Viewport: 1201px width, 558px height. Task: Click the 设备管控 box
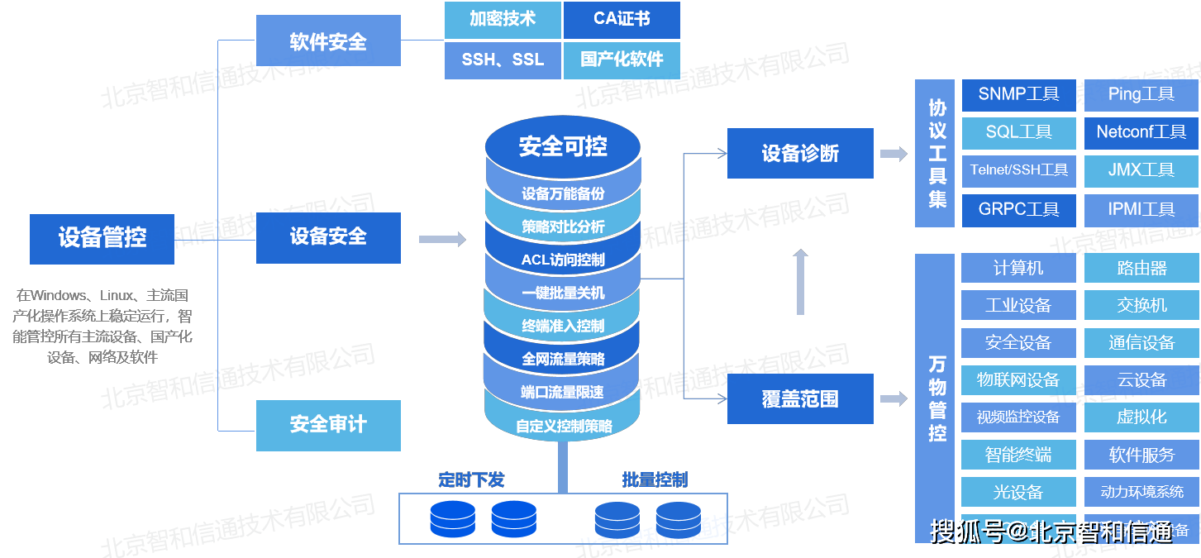pos(102,239)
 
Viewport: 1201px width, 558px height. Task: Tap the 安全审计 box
pos(328,425)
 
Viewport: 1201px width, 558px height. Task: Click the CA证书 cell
pos(622,20)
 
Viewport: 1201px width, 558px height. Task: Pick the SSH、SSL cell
pos(503,60)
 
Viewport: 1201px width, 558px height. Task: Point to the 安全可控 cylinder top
pos(563,147)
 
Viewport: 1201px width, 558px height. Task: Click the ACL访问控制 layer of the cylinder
pos(563,260)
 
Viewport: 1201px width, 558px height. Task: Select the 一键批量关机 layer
pos(563,293)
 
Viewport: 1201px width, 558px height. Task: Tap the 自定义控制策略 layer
pos(563,427)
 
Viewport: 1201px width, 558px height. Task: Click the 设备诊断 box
pos(799,153)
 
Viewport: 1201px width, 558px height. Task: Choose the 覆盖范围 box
pos(799,399)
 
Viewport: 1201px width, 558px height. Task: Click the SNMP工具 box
pos(1018,95)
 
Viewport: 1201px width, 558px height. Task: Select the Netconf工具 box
pos(1141,132)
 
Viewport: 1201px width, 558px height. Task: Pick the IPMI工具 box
pos(1141,210)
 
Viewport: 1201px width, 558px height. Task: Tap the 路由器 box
pos(1141,268)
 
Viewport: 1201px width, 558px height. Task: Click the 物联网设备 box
pos(1018,380)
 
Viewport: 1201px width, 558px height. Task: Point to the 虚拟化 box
pos(1141,417)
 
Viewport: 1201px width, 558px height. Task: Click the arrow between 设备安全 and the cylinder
pos(442,240)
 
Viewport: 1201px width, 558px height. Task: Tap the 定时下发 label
pos(471,479)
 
